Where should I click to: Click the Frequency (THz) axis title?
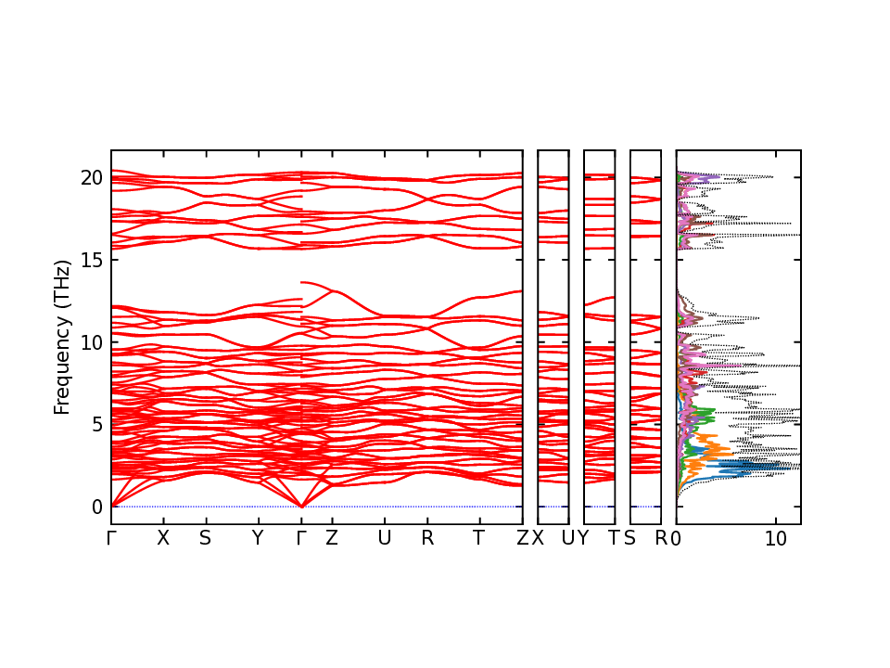62,337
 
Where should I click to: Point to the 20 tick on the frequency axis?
89,177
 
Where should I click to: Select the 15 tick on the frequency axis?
89,260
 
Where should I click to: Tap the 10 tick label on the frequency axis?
89,342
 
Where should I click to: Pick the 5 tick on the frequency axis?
95,425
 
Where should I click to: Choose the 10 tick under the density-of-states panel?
777,539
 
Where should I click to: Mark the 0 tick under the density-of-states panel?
677,539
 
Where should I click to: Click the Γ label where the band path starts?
111,539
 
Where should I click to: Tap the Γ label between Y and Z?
301,539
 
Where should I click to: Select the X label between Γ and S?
163,539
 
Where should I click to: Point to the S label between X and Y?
206,539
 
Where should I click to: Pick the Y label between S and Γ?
258,539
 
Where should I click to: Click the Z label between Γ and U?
331,539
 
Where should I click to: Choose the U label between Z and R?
384,539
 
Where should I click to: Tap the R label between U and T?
427,539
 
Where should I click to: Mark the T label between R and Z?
478,539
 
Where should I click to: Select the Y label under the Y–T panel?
583,539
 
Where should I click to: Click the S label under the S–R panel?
629,539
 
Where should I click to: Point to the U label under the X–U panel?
568,539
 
